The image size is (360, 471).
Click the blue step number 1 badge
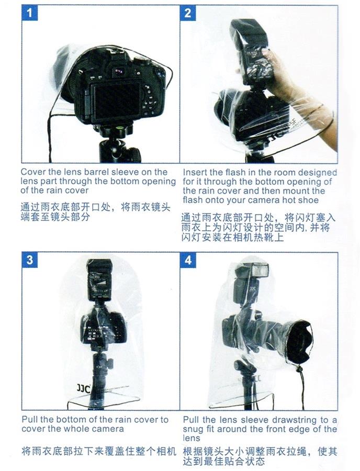(29, 13)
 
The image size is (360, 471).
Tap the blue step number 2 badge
(188, 13)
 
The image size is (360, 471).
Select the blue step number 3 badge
(29, 260)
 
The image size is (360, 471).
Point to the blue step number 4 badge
(188, 260)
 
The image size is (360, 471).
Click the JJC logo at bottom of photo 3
(83, 388)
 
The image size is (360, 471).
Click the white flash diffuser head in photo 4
(260, 270)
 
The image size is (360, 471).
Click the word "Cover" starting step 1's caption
(33, 172)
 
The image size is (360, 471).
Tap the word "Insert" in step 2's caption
(195, 172)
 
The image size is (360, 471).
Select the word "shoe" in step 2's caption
(309, 200)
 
